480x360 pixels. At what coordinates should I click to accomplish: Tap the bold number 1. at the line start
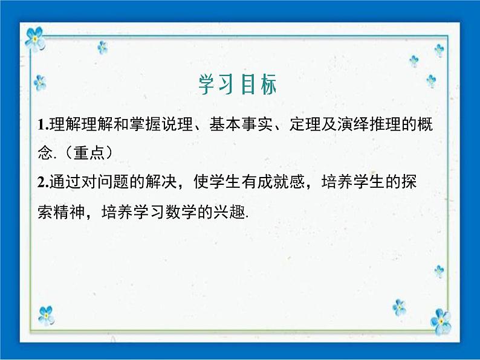tap(41, 126)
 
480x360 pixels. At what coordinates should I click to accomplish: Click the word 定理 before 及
tap(303, 125)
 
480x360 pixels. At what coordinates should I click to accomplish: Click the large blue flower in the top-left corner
tap(35, 39)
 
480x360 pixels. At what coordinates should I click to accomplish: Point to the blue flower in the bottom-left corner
tap(45, 315)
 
